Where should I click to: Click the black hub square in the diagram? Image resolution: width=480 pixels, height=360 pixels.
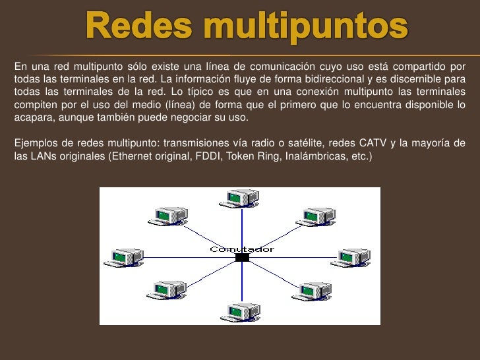point(242,257)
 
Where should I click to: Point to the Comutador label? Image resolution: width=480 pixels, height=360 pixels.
point(242,249)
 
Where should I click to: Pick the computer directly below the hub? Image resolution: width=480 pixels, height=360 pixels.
point(242,311)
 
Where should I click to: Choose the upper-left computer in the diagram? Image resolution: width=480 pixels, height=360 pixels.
point(165,216)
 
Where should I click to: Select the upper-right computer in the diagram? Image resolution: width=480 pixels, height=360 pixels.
point(317,216)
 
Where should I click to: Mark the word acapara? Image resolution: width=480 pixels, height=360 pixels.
point(32,119)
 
